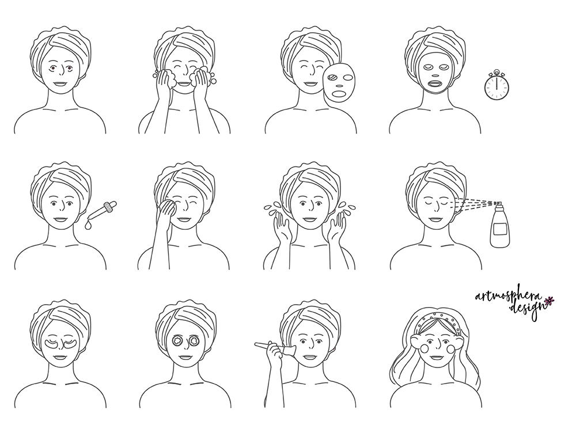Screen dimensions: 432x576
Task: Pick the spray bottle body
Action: click(501, 229)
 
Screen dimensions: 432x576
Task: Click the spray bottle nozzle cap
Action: click(497, 203)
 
